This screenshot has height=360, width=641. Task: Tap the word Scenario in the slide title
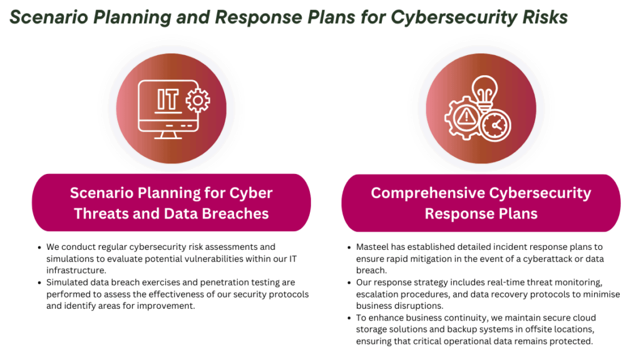pyautogui.click(x=49, y=17)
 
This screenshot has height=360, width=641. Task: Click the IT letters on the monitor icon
pyautogui.click(x=168, y=100)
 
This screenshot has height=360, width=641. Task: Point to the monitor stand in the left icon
pyautogui.click(x=168, y=135)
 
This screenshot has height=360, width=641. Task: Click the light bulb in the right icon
pyautogui.click(x=485, y=92)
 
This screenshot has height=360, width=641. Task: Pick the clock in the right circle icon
pyautogui.click(x=496, y=126)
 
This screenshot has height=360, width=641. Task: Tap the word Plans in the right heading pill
pyautogui.click(x=518, y=213)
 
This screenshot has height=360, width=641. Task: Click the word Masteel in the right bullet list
pyautogui.click(x=372, y=247)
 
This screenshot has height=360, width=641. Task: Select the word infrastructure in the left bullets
pyautogui.click(x=76, y=270)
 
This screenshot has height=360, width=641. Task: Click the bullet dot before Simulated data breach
pyautogui.click(x=39, y=283)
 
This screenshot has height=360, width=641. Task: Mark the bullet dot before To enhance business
pyautogui.click(x=349, y=318)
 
